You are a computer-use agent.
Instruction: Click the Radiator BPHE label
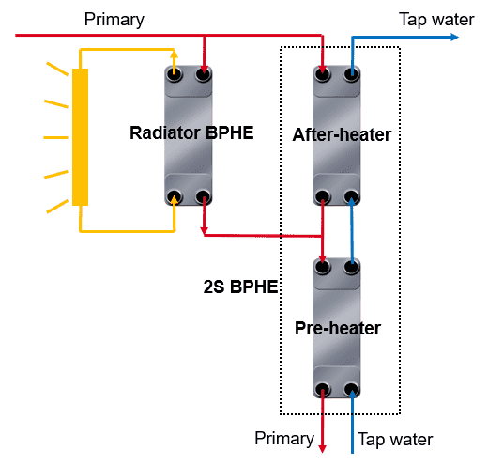(191, 132)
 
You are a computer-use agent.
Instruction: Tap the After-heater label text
(342, 134)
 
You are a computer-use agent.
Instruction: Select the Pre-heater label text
(338, 328)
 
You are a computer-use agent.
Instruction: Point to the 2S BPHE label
(240, 287)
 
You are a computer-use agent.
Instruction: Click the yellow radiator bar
(80, 137)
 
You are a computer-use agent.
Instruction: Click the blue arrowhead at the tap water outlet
(454, 37)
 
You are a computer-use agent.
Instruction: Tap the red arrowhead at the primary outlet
(322, 448)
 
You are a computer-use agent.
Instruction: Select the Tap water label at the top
(436, 20)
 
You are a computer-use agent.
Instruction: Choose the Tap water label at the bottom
(395, 439)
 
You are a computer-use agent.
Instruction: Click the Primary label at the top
(114, 20)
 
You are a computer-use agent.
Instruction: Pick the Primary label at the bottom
(284, 439)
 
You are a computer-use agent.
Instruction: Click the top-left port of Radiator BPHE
(175, 74)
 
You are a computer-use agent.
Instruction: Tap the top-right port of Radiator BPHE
(204, 74)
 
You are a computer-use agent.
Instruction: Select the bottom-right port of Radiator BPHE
(203, 197)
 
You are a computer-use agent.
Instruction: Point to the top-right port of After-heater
(351, 74)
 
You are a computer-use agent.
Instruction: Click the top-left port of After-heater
(323, 74)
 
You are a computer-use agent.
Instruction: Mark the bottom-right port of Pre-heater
(351, 390)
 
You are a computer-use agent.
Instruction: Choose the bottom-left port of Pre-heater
(323, 390)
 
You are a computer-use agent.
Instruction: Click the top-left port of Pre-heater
(323, 267)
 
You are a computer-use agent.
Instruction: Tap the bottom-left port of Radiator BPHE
(175, 197)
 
